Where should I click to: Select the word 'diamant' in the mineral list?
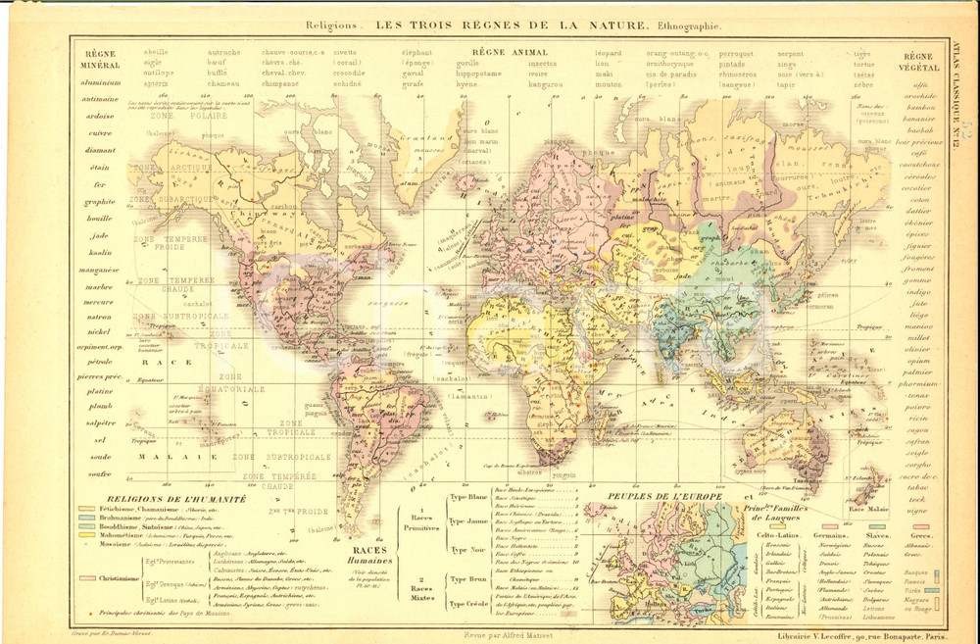pos(100,150)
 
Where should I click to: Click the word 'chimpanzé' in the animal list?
pos(281,84)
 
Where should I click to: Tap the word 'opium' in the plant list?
pos(919,359)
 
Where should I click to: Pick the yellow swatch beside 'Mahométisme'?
pos(87,537)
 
